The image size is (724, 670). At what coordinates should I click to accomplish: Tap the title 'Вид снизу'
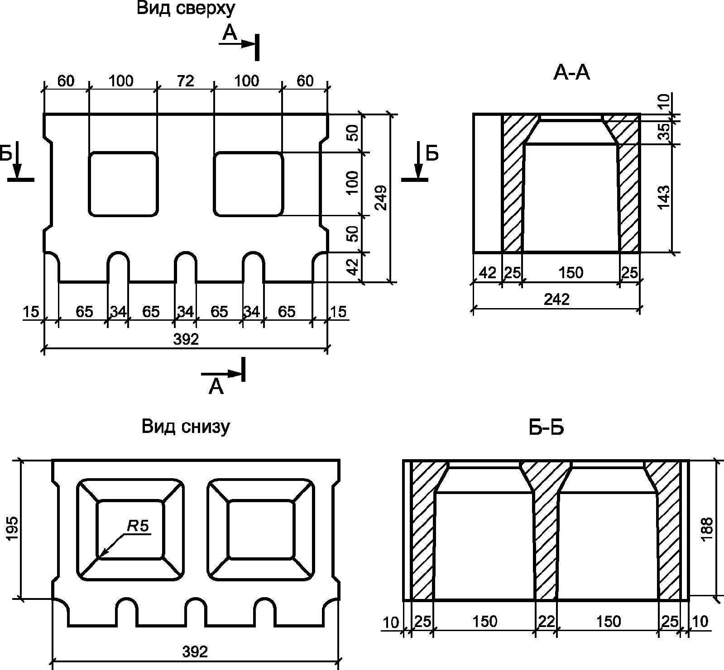(x=186, y=427)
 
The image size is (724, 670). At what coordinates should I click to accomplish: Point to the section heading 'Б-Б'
(x=546, y=428)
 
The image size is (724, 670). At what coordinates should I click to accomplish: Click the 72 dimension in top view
(x=185, y=81)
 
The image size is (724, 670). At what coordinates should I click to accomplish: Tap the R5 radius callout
(x=138, y=525)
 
